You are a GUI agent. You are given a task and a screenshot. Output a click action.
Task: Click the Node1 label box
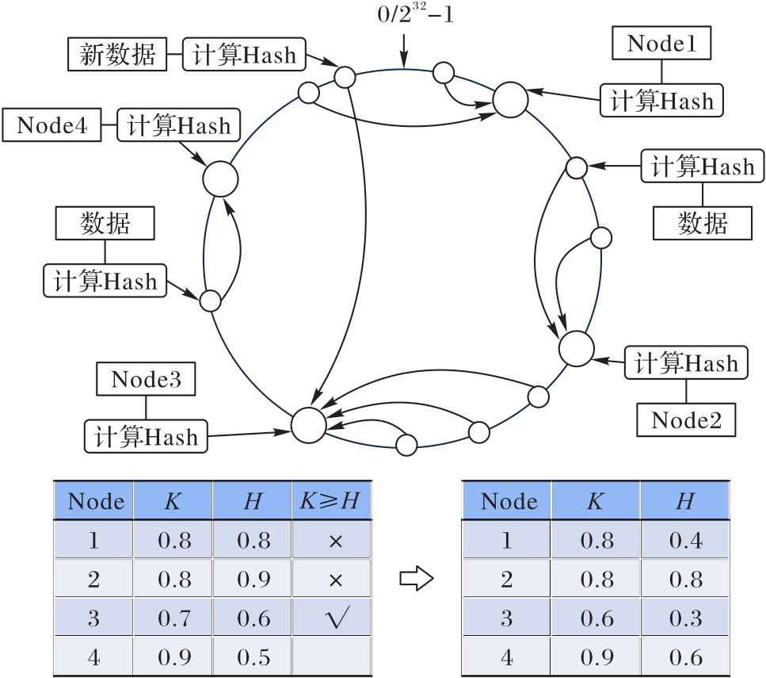[661, 44]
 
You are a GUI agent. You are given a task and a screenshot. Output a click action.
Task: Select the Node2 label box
[686, 419]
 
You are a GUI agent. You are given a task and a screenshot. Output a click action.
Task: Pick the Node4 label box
[52, 125]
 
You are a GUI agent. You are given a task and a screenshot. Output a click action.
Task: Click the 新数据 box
[117, 55]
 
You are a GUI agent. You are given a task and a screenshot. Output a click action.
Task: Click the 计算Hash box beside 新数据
[245, 55]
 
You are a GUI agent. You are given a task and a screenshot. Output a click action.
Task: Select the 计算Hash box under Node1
[661, 101]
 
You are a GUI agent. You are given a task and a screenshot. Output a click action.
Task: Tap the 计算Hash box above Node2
[686, 363]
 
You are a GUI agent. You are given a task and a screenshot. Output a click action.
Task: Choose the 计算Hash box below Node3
[146, 436]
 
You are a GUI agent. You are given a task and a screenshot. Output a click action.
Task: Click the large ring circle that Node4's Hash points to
[220, 180]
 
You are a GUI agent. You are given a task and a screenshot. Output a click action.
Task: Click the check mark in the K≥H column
[333, 619]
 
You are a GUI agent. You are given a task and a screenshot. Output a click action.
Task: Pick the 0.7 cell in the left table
[173, 619]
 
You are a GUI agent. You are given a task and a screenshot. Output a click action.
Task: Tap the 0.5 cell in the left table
[253, 657]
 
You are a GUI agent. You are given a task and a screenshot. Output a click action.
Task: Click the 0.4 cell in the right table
[685, 541]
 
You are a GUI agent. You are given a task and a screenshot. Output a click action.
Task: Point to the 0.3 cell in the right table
[685, 619]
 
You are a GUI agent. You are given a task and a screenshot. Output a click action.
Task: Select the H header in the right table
[685, 501]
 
